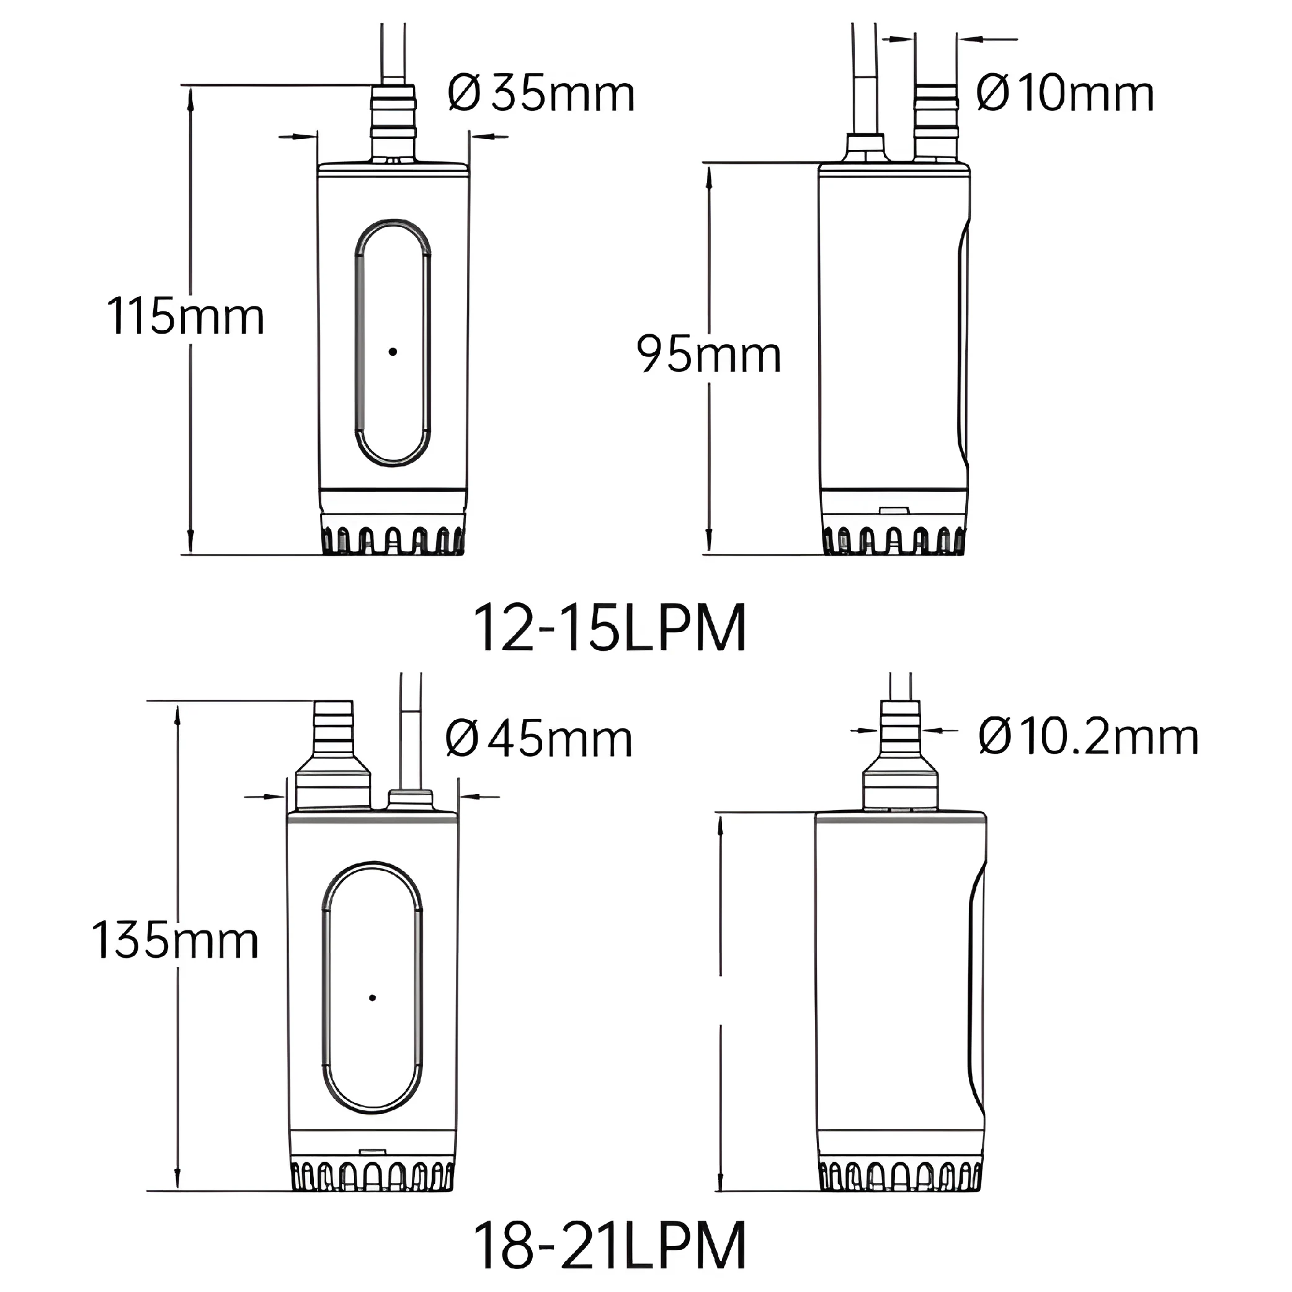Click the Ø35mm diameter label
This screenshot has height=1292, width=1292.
pyautogui.click(x=540, y=94)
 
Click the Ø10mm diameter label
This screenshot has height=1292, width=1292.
pyautogui.click(x=1064, y=94)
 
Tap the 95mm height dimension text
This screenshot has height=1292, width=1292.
pyautogui.click(x=708, y=354)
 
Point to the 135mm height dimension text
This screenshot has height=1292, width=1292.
pyautogui.click(x=174, y=940)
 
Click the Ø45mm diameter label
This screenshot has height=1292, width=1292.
pyautogui.click(x=538, y=739)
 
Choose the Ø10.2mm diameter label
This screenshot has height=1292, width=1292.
pyautogui.click(x=1088, y=737)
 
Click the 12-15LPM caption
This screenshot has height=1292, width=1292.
pyautogui.click(x=609, y=628)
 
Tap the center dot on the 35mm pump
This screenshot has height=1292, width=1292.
pyautogui.click(x=393, y=352)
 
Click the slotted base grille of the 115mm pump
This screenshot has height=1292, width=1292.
pyautogui.click(x=393, y=539)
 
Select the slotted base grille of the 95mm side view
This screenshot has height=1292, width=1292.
pyautogui.click(x=894, y=539)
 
